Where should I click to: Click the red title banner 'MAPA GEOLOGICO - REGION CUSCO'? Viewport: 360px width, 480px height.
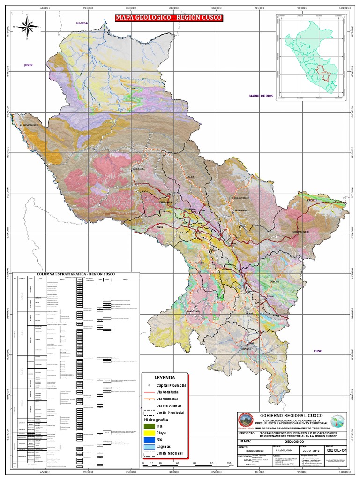pos(169,18)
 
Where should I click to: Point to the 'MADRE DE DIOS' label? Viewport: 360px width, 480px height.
pos(261,96)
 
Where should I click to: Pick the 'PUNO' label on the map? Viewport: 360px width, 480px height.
pos(307,351)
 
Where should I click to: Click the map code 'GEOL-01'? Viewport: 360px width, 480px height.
pos(338,451)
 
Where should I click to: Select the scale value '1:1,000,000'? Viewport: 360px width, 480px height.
pos(285,450)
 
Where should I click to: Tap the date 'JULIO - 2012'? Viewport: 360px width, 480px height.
pos(311,450)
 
